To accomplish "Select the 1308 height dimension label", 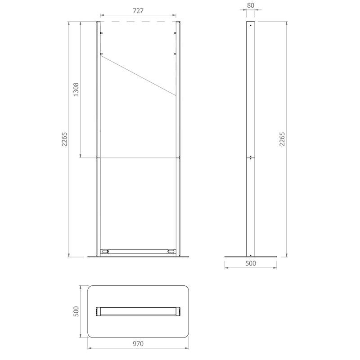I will [76, 90].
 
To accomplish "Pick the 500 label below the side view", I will [251, 263].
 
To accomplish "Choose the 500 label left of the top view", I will [76, 311].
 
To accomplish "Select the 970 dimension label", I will [138, 344].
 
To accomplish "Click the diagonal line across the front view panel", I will [138, 76].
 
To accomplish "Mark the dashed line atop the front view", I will [138, 21].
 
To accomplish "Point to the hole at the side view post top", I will [251, 26].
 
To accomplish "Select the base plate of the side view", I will [251, 257].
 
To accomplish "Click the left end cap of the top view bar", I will [99, 311].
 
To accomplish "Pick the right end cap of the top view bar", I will [178, 311].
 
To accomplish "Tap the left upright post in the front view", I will [98, 135].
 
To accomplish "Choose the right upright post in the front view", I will [178, 135].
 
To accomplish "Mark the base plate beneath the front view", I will [138, 257].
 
